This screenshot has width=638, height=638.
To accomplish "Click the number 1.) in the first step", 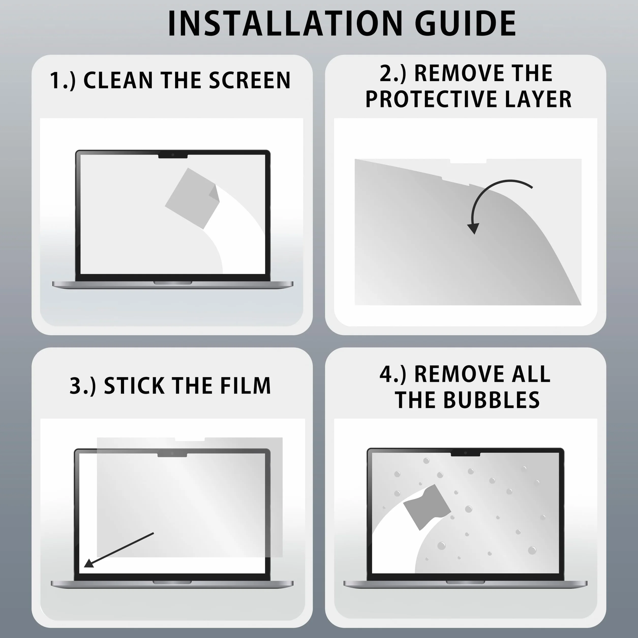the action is point(63,81).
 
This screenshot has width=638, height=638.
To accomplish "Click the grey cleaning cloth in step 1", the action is point(192,198).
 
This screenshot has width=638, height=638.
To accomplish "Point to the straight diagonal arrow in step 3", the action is point(119,550).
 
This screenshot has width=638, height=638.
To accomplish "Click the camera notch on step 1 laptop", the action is point(173,155).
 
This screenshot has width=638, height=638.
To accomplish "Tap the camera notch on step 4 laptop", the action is point(465,453).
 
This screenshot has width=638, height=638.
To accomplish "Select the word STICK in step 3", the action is point(134,385).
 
